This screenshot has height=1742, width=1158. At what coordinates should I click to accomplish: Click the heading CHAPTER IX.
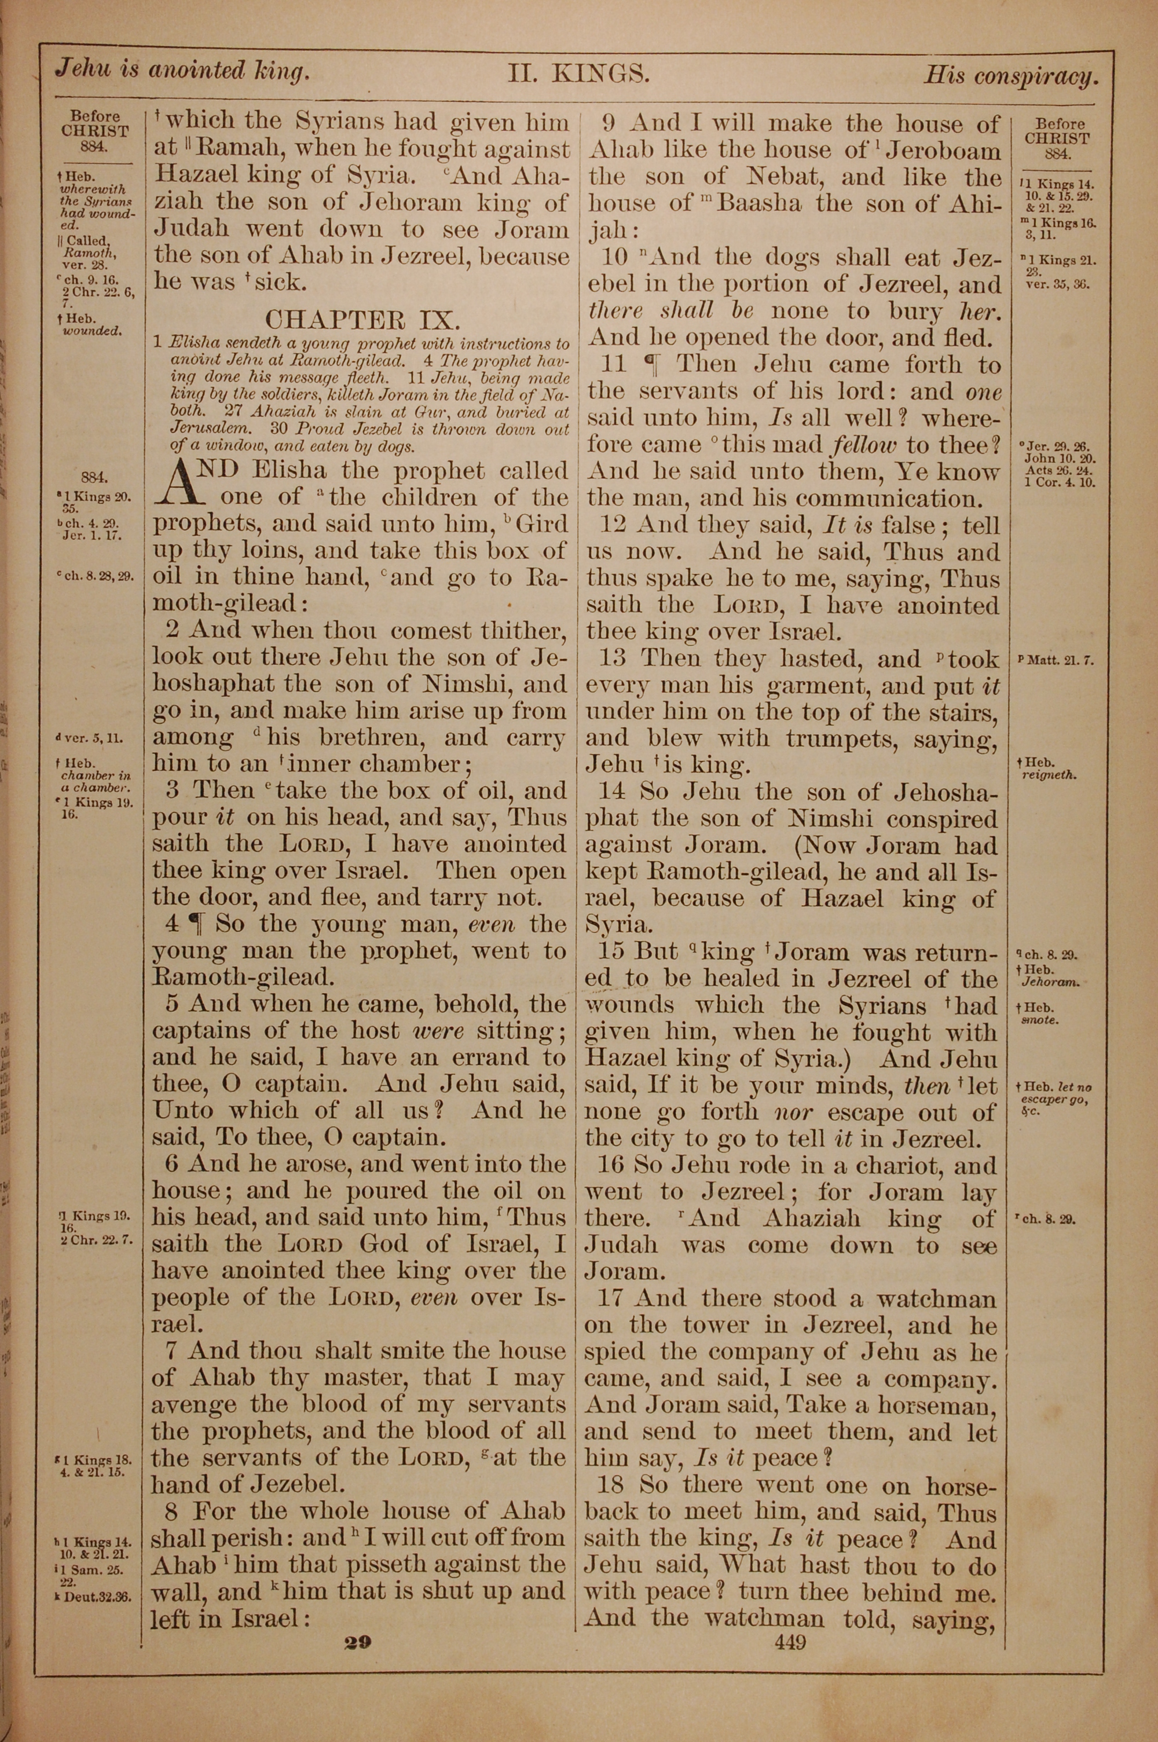(x=362, y=319)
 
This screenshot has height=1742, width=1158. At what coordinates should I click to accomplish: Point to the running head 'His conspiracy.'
(x=1011, y=76)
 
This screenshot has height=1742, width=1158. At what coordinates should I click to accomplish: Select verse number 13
(x=615, y=658)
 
